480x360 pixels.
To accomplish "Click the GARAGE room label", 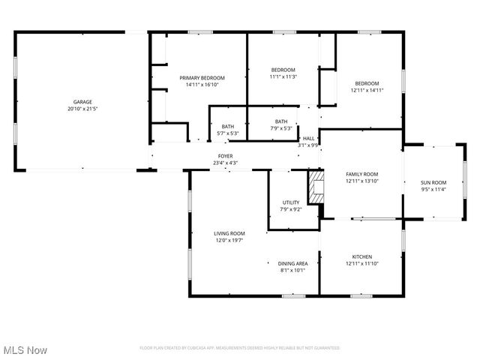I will [x=82, y=101].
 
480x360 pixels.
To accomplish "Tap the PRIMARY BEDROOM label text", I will [x=202, y=78].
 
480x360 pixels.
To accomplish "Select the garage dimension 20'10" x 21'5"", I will [x=82, y=109].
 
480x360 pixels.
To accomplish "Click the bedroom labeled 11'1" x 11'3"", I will [x=283, y=73].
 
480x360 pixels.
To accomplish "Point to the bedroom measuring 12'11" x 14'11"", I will [x=367, y=87].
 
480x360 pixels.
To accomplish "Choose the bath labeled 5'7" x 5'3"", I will [x=228, y=130].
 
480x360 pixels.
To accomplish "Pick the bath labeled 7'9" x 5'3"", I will [x=281, y=125].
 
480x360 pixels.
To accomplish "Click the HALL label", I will [x=308, y=138].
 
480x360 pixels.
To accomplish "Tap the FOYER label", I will [x=225, y=156].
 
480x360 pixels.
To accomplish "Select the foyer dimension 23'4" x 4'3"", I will [x=225, y=163].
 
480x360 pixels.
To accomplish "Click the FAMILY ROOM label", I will [x=361, y=174].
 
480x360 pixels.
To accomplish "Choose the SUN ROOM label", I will [x=433, y=182].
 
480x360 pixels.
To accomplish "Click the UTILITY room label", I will [x=290, y=202].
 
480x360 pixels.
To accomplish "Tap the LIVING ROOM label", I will [x=229, y=233].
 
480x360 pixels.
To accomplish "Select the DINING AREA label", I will [x=292, y=263].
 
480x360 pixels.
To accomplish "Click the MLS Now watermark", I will [x=25, y=350].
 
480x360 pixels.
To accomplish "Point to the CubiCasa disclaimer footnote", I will [x=240, y=348].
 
